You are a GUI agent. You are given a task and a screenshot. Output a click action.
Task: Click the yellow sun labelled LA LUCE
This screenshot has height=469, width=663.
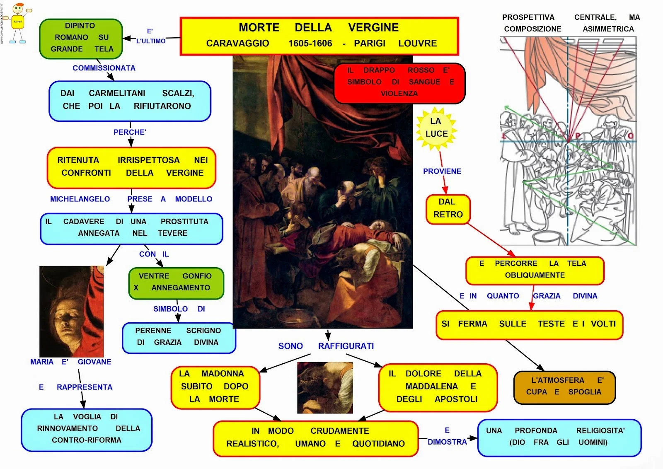pyautogui.click(x=436, y=128)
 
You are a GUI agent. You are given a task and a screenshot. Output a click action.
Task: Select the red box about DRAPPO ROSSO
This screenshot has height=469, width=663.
pyautogui.click(x=399, y=82)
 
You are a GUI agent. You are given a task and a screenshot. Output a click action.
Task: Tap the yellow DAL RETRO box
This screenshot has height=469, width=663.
pyautogui.click(x=448, y=208)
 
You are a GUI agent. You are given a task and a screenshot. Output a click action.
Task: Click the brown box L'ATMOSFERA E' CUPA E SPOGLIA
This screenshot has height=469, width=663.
pyautogui.click(x=564, y=387)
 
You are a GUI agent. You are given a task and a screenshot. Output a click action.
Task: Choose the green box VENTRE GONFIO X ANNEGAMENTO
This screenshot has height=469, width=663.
pyautogui.click(x=176, y=283)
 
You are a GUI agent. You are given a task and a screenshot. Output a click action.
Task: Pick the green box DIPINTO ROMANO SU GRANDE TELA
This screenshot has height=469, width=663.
pyautogui.click(x=81, y=38)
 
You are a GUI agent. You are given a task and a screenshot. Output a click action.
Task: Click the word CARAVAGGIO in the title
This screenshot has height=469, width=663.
pyautogui.click(x=237, y=44)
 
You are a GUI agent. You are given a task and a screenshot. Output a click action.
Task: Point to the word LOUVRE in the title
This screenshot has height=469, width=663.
pyautogui.click(x=417, y=44)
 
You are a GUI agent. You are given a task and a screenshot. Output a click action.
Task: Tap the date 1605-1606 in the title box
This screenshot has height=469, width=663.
pyautogui.click(x=310, y=44)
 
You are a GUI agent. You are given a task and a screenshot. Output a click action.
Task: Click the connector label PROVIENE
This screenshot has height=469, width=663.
pyautogui.click(x=442, y=171)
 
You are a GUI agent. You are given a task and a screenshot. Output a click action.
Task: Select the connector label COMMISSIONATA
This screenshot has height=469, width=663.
pyautogui.click(x=104, y=68)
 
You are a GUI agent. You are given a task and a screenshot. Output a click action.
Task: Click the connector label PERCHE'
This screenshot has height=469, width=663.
pyautogui.click(x=130, y=132)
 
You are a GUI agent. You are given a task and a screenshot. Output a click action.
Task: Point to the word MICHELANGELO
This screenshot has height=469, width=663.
pyautogui.click(x=80, y=199)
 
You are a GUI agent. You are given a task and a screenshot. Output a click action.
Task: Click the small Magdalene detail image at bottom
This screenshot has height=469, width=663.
pyautogui.click(x=325, y=388)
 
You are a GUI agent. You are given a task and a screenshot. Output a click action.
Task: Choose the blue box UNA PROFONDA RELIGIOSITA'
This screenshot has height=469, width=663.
pyautogui.click(x=559, y=437)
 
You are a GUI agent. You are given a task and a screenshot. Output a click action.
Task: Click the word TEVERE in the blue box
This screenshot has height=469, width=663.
pyautogui.click(x=172, y=233)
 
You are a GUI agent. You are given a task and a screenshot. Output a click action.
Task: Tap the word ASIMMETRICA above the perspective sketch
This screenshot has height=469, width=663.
pyautogui.click(x=608, y=29)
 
